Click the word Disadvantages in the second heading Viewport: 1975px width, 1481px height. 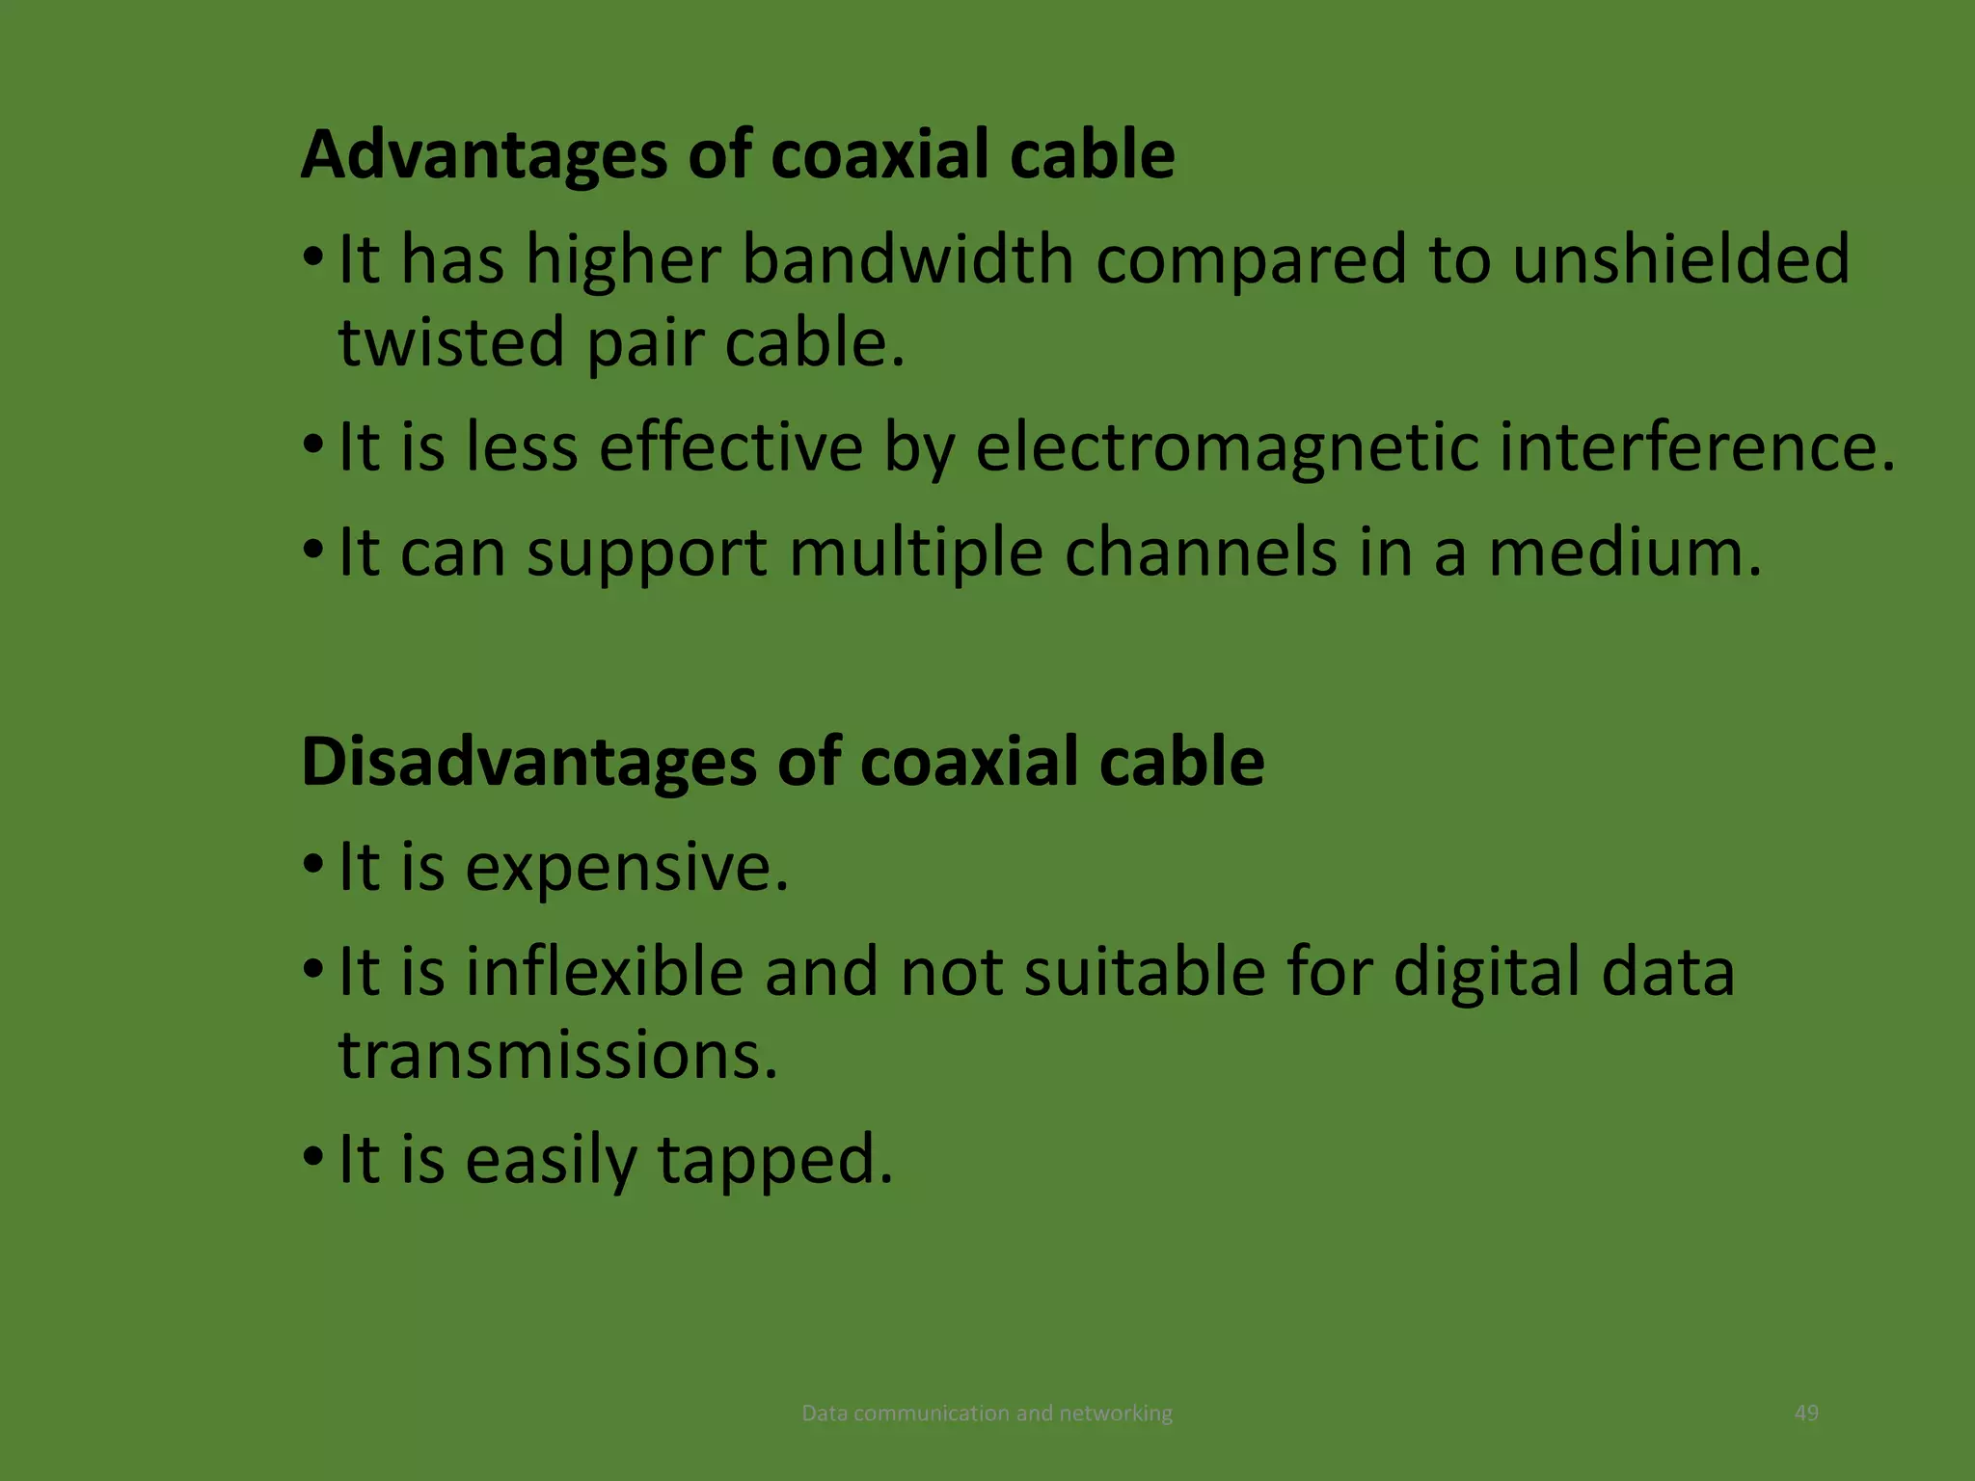click(528, 762)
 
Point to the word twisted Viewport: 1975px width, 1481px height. click(450, 343)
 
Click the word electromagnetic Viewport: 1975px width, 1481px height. click(1227, 448)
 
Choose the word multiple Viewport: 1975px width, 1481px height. click(915, 553)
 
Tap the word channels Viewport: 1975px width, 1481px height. click(1201, 553)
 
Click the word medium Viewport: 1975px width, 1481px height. click(1625, 553)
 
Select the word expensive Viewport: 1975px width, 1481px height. click(627, 868)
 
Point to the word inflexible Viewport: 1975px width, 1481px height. click(605, 972)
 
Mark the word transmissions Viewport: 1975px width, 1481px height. click(557, 1055)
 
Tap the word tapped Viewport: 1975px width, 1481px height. click(775, 1160)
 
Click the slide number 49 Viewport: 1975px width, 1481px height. click(1806, 1414)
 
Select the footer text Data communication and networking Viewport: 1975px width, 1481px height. click(987, 1414)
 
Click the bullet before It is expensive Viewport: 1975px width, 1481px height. click(312, 865)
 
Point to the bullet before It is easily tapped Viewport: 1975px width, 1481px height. click(312, 1157)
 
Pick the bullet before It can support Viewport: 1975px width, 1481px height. click(312, 551)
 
